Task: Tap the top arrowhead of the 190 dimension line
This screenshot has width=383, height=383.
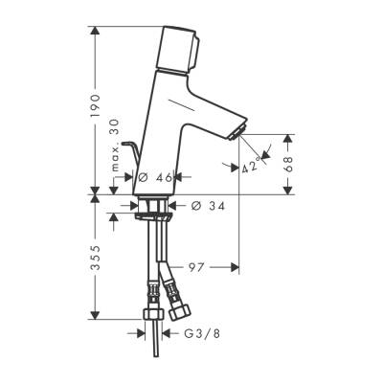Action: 96,31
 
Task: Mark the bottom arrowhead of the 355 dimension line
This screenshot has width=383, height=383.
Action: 96,316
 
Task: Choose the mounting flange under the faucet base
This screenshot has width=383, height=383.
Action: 152,205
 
